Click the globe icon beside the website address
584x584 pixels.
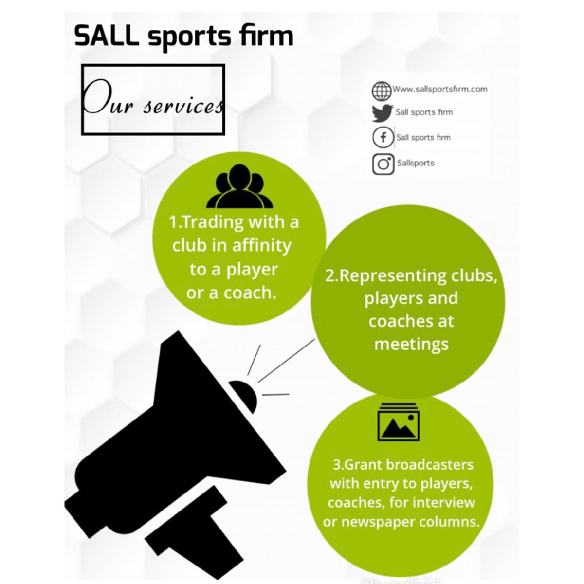tap(382, 91)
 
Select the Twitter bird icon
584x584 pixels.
tap(382, 113)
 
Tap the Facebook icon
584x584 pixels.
tap(383, 138)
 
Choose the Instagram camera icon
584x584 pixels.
tap(383, 164)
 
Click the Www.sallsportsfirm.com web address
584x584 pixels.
tap(440, 89)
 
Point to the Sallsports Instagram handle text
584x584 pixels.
tap(415, 163)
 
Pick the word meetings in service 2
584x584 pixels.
tap(411, 345)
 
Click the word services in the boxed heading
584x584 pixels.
tap(183, 107)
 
